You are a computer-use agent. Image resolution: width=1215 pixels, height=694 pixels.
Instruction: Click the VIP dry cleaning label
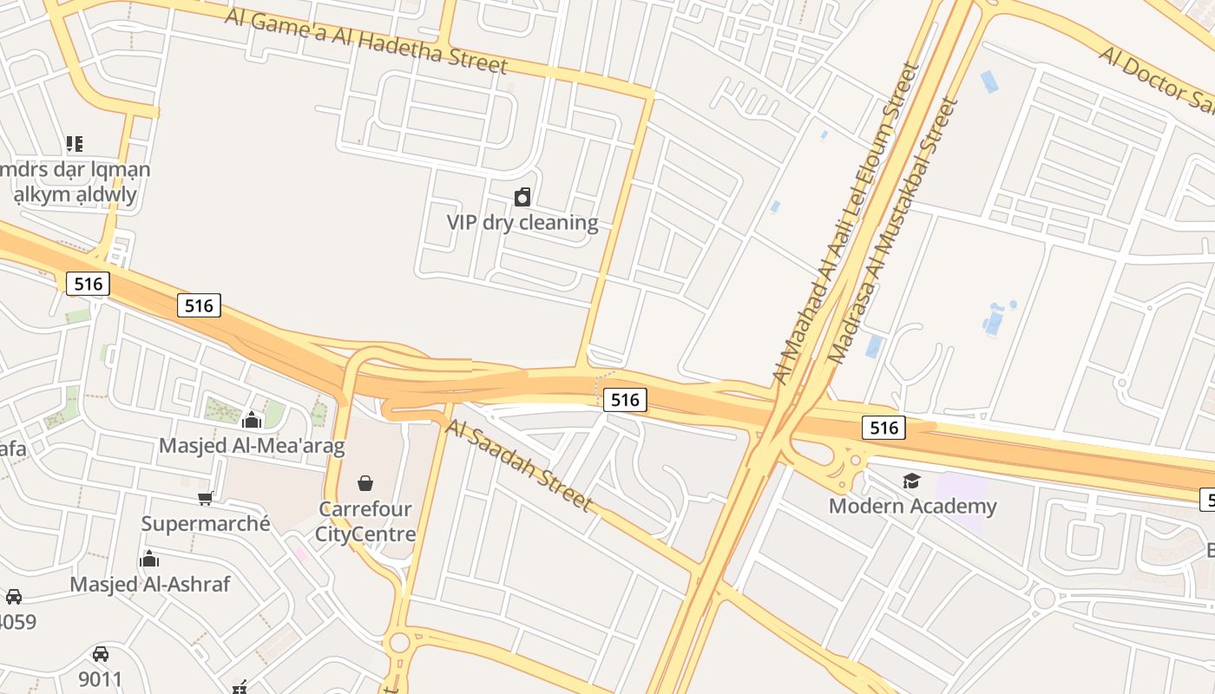pyautogui.click(x=522, y=222)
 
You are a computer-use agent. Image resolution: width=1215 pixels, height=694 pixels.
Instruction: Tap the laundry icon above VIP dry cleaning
pyautogui.click(x=522, y=198)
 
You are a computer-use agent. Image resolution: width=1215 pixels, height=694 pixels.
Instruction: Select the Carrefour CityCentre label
pyautogui.click(x=365, y=521)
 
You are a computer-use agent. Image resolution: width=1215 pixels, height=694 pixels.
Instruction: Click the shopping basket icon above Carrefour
pyautogui.click(x=365, y=482)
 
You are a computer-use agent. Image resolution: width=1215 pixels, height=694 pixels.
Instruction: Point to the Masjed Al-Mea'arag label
pyautogui.click(x=252, y=446)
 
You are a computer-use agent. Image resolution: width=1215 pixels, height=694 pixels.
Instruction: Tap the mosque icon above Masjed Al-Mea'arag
pyautogui.click(x=252, y=421)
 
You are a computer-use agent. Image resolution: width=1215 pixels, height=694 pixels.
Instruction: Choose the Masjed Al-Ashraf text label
pyautogui.click(x=150, y=584)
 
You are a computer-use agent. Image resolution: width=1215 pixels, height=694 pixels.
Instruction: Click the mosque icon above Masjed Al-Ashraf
pyautogui.click(x=149, y=559)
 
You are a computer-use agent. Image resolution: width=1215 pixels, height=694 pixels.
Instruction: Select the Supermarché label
pyautogui.click(x=206, y=523)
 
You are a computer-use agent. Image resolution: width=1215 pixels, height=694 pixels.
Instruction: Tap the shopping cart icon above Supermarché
pyautogui.click(x=206, y=498)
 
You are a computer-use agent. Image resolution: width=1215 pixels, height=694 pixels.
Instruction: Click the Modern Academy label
pyautogui.click(x=913, y=506)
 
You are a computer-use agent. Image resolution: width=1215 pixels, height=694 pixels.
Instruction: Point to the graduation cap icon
pyautogui.click(x=911, y=481)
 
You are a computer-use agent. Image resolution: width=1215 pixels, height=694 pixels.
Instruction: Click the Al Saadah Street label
pyautogui.click(x=519, y=466)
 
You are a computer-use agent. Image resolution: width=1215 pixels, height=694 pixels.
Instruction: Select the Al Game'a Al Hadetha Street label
pyautogui.click(x=366, y=41)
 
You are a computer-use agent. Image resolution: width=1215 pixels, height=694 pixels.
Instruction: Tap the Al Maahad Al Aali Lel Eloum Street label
pyautogui.click(x=846, y=223)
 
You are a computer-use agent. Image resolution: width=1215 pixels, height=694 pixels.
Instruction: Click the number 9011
pyautogui.click(x=101, y=678)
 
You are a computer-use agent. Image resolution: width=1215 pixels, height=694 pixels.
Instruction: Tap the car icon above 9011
pyautogui.click(x=101, y=654)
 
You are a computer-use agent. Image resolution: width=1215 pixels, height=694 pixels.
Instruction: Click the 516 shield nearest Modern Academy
pyautogui.click(x=883, y=427)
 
